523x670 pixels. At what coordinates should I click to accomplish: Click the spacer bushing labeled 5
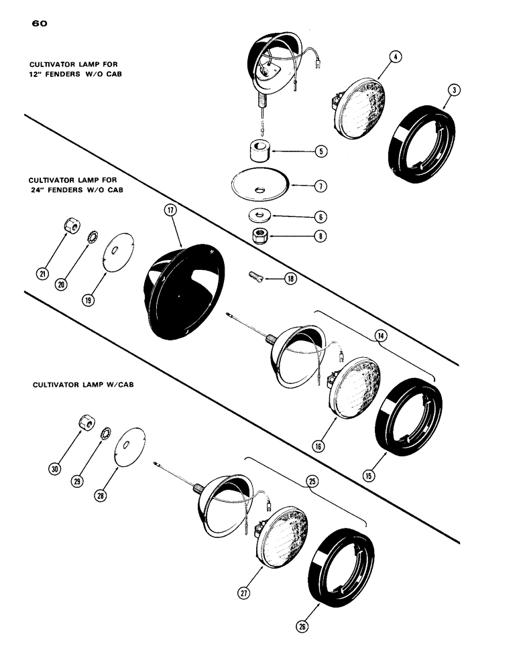260,151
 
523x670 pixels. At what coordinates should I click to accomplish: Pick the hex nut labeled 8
259,236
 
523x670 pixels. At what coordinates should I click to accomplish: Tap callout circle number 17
170,211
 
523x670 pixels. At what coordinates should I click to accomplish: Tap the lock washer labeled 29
105,433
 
